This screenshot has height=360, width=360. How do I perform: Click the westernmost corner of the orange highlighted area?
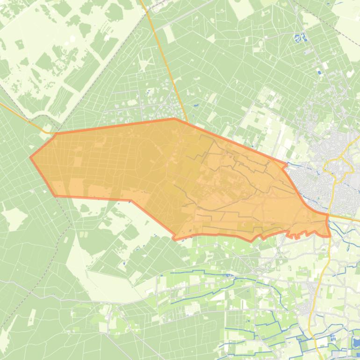[x=31, y=158]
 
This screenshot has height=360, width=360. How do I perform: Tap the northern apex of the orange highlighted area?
[x=174, y=119]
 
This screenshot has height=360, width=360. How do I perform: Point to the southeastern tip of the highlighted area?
[x=330, y=236]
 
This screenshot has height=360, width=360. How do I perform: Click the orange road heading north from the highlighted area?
[x=163, y=61]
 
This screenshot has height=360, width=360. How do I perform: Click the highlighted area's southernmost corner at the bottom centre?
[x=175, y=239]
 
